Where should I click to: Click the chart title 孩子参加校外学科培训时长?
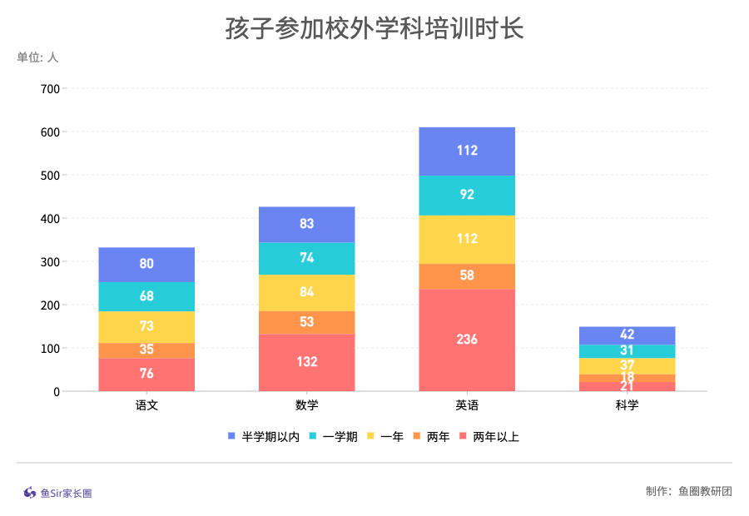pos(374,28)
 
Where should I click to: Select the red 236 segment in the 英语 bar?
pos(467,340)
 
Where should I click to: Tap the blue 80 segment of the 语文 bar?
pos(146,264)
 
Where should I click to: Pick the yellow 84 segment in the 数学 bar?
pos(306,292)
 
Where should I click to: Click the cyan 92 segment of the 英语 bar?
pos(467,196)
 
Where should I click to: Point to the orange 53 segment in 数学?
pos(306,322)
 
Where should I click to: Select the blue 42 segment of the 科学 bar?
pos(627,335)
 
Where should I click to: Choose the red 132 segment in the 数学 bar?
pos(306,362)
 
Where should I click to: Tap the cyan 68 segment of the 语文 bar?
pos(146,296)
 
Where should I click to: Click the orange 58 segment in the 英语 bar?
pos(467,275)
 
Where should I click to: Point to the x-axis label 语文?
pos(146,406)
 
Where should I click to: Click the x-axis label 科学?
pos(627,406)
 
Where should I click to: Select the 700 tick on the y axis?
pos(50,89)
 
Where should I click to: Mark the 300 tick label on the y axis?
pos(50,262)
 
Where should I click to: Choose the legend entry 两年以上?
pos(495,436)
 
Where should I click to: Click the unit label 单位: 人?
pos(37,57)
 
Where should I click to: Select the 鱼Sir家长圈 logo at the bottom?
pos(57,493)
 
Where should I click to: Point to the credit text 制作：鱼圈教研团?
pos(688,491)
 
